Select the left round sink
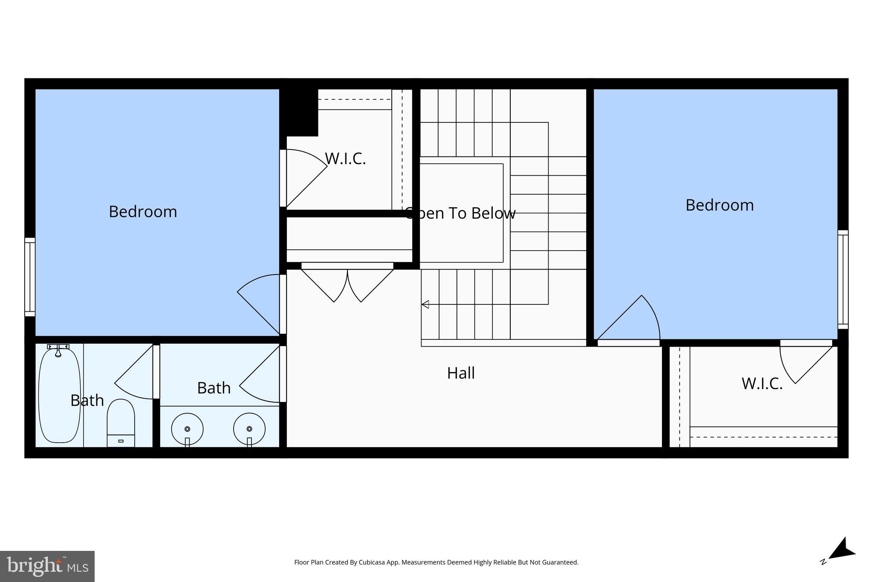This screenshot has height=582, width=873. pyautogui.click(x=187, y=429)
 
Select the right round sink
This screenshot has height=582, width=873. pyautogui.click(x=249, y=429)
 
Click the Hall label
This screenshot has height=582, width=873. pyautogui.click(x=461, y=374)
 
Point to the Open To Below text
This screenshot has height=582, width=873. pyautogui.click(x=460, y=213)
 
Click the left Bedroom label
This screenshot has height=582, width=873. pyautogui.click(x=143, y=212)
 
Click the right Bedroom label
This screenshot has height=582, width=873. pyautogui.click(x=720, y=206)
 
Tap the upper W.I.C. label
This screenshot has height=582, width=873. pyautogui.click(x=345, y=159)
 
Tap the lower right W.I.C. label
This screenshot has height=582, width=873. pyautogui.click(x=762, y=384)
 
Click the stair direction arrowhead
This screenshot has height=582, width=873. pyautogui.click(x=425, y=304)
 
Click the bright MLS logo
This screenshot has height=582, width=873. pyautogui.click(x=47, y=566)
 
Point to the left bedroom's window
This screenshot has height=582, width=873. pyautogui.click(x=30, y=277)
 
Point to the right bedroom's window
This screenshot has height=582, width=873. pyautogui.click(x=843, y=280)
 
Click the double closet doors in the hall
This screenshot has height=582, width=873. pyautogui.click(x=347, y=284)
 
